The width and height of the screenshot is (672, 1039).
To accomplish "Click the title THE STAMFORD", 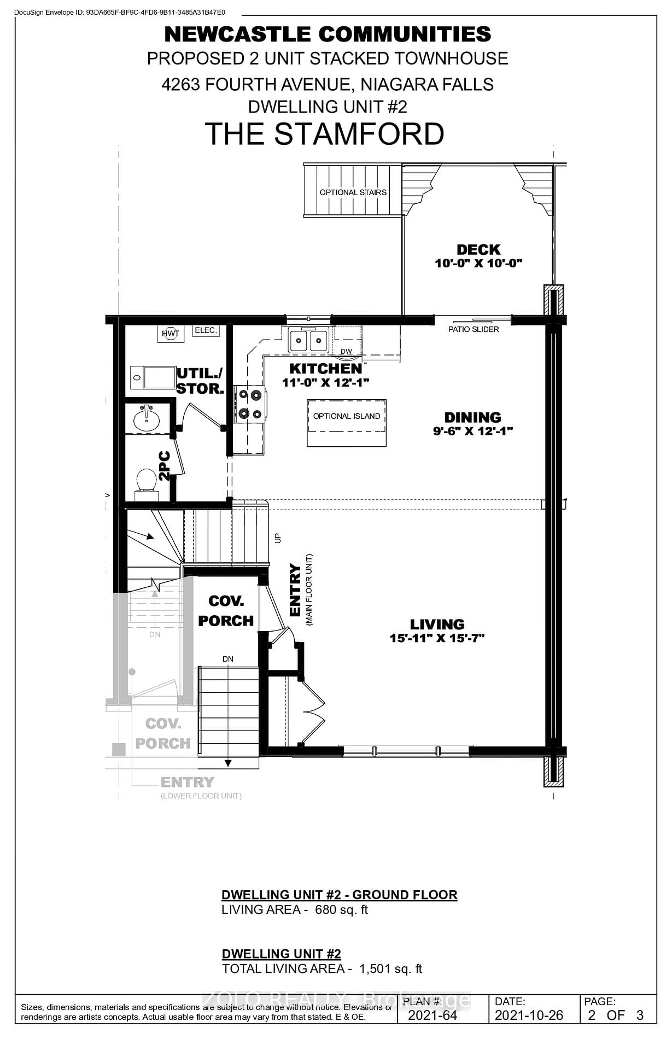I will [x=324, y=134].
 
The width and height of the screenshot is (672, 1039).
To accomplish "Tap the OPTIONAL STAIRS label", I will [x=353, y=192].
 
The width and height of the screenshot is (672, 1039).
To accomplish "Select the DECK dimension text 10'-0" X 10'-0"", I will [x=478, y=263].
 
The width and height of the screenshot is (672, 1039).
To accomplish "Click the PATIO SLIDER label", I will [x=474, y=329].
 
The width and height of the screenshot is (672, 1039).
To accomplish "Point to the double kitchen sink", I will [x=308, y=341].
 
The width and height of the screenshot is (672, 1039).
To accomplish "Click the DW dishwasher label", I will [x=346, y=351].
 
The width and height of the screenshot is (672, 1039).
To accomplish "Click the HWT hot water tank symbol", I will [x=170, y=333].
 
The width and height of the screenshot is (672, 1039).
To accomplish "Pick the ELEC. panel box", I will [x=206, y=330].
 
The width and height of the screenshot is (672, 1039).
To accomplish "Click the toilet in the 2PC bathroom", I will [x=146, y=481].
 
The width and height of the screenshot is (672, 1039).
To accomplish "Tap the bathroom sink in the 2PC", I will [x=146, y=419].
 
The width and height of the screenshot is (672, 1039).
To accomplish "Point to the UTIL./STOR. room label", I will [x=200, y=381].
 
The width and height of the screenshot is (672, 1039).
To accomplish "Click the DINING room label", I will [x=472, y=418].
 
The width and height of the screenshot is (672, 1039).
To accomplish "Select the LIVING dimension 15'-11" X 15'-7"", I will [x=437, y=638].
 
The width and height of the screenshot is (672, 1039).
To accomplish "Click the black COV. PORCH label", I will [x=226, y=611].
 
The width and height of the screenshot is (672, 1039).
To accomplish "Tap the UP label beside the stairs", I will [x=277, y=538].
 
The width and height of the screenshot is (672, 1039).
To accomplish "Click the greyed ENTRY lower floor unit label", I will [x=188, y=782].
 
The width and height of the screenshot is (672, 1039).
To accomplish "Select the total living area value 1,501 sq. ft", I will [x=390, y=968].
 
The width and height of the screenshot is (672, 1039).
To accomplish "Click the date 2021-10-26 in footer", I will [x=529, y=1015].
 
